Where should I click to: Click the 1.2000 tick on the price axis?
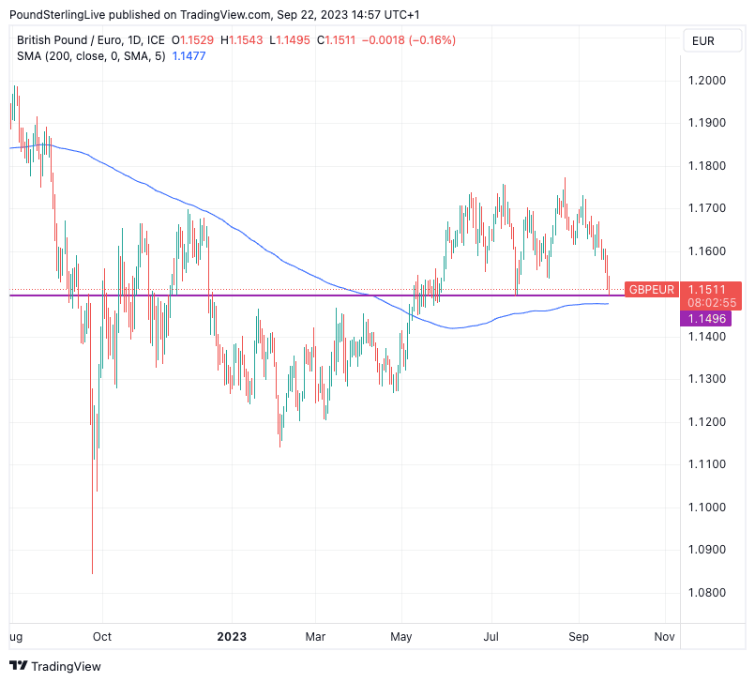point(707,81)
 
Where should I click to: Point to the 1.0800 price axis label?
point(707,593)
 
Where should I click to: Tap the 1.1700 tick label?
point(707,208)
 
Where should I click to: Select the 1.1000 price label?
point(707,508)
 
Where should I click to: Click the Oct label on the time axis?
point(101,636)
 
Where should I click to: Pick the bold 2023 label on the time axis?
point(231,636)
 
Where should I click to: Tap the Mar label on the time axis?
point(315,636)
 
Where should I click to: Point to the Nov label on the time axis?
point(664,636)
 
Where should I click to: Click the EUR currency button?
point(702,40)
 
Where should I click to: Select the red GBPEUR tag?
point(652,289)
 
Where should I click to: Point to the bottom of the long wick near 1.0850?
point(92,572)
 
